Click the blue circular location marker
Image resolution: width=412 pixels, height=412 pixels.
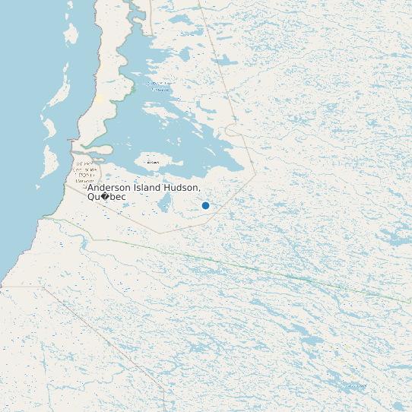[x=205, y=205]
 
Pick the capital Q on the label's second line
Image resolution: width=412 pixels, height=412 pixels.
[x=91, y=197]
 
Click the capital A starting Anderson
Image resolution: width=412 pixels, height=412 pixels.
[x=90, y=188]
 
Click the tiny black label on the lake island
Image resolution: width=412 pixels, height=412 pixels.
[x=153, y=162]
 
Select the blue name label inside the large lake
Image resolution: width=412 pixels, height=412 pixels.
[x=160, y=86]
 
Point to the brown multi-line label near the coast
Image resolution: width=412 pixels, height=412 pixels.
[x=84, y=172]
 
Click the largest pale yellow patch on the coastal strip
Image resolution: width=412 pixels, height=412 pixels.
[x=99, y=98]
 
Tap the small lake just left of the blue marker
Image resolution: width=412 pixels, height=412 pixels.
[x=164, y=203]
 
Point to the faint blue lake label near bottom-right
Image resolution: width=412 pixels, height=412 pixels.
[x=354, y=387]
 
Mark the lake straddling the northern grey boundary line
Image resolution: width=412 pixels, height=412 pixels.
[x=225, y=60]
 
